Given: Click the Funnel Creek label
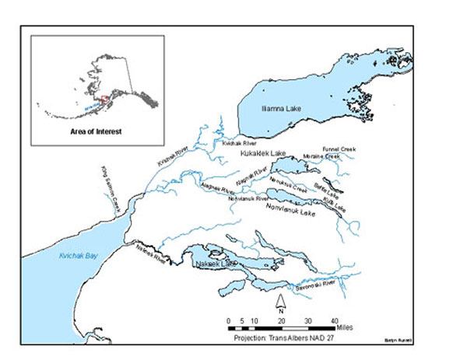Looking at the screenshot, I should (338, 148).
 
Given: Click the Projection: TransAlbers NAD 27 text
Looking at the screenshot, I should (285, 340).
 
